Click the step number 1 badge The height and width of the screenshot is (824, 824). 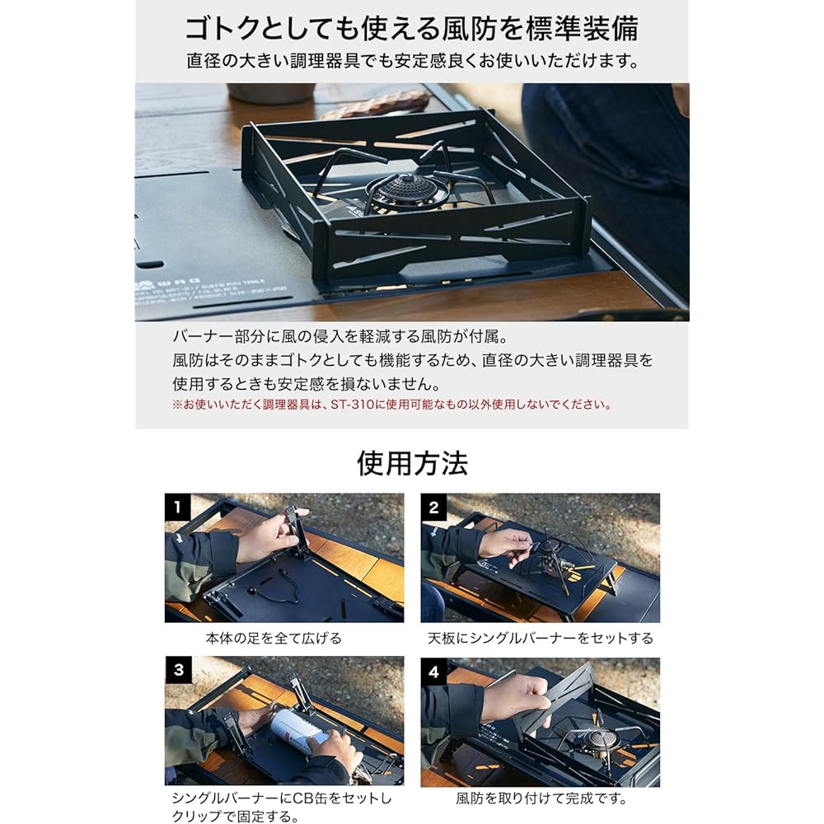[178, 507]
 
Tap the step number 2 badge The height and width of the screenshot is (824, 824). [433, 507]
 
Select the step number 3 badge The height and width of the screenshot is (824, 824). [178, 670]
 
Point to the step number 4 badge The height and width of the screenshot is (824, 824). [433, 671]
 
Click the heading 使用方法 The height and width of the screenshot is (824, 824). [412, 463]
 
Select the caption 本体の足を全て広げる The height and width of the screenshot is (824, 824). [274, 639]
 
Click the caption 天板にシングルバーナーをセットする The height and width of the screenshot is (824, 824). [541, 639]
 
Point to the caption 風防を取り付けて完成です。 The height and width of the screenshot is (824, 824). [541, 798]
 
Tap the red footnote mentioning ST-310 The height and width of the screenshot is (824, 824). [392, 405]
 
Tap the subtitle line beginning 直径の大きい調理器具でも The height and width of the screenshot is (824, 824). [413, 62]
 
